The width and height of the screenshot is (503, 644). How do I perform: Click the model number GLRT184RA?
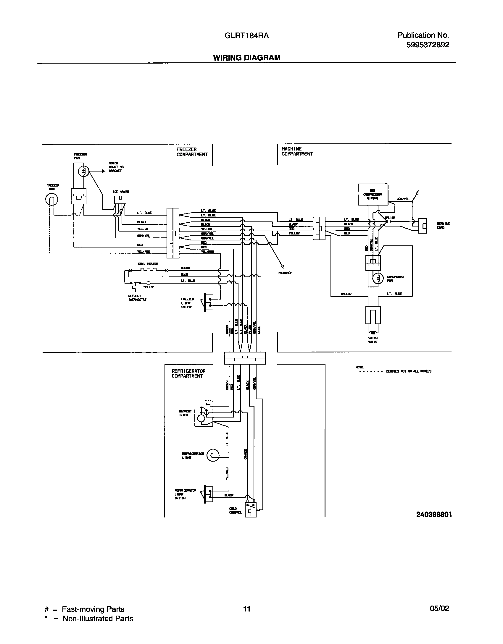(246, 36)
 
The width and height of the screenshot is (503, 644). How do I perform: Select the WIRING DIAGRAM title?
(246, 58)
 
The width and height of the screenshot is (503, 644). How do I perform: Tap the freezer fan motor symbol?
(84, 171)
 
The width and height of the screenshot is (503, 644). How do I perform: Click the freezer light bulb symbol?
(51, 200)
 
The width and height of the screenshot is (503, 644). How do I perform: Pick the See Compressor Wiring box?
(373, 194)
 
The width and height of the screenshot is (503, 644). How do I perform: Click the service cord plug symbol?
(422, 226)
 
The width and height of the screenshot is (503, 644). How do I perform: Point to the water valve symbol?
(373, 316)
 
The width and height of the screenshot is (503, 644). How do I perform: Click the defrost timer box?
(204, 413)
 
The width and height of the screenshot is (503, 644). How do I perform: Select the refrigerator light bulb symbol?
(212, 455)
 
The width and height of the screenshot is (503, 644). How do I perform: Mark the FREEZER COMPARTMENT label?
(192, 152)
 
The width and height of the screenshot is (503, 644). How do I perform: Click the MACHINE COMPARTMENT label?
(297, 151)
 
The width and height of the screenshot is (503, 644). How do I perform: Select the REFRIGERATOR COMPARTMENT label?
(188, 373)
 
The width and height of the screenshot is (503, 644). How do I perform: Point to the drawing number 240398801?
(434, 514)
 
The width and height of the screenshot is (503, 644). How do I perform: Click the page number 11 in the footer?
(246, 609)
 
